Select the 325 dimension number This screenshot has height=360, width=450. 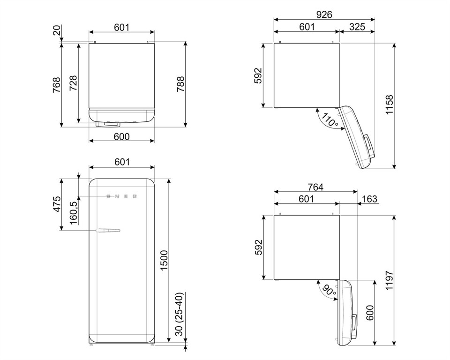[x=357, y=27]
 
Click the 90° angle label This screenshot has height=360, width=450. [x=329, y=291]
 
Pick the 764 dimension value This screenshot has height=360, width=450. [x=315, y=187]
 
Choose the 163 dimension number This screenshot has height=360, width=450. [x=369, y=199]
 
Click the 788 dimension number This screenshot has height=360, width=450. [x=180, y=84]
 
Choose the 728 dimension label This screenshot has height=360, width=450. [x=73, y=83]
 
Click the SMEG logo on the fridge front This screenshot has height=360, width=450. [x=122, y=195]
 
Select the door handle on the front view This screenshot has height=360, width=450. [x=108, y=230]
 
